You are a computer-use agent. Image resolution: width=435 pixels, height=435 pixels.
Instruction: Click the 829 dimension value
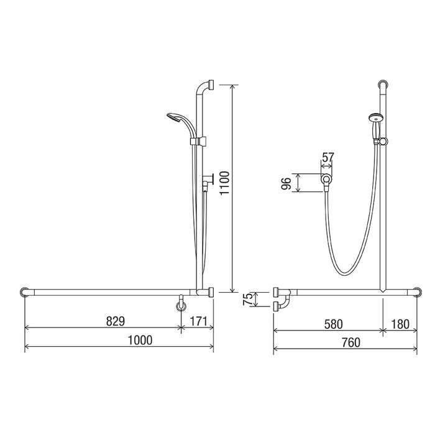tap(116, 321)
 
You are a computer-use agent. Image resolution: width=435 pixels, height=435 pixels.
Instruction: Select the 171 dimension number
tap(199, 321)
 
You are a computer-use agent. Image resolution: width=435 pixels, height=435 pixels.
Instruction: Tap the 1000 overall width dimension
tap(140, 340)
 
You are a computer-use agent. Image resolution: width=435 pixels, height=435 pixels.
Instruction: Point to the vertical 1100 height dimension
tap(225, 183)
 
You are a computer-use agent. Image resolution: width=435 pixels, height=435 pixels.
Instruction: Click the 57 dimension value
tap(327, 158)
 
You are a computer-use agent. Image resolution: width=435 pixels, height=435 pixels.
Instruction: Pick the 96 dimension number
tap(286, 183)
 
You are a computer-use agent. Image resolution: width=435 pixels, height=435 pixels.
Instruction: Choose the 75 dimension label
tap(248, 299)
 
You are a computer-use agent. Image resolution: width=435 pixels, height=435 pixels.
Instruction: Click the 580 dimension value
tap(334, 324)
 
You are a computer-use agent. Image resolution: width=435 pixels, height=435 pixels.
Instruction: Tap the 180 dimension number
tap(400, 324)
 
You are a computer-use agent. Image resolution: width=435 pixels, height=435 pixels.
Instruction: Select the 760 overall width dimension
tap(351, 342)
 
